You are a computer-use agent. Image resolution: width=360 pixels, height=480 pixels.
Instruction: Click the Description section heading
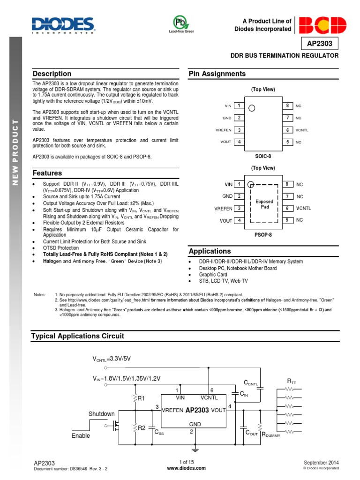[x=52, y=74]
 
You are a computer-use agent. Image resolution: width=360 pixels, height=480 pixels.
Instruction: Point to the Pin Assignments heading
[x=217, y=74]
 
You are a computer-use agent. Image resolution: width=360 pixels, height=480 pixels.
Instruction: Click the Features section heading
[x=47, y=173]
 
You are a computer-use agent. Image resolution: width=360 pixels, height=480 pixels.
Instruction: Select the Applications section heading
[x=210, y=251]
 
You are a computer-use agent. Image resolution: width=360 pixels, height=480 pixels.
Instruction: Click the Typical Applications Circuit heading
[x=77, y=336]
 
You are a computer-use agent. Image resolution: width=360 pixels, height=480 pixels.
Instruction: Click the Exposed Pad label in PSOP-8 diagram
[x=264, y=204]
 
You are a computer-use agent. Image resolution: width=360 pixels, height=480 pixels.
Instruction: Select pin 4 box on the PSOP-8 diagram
[x=239, y=220]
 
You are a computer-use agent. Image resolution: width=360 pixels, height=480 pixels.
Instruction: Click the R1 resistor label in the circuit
[x=142, y=399]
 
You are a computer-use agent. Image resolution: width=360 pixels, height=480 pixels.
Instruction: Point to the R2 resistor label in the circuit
[x=142, y=427]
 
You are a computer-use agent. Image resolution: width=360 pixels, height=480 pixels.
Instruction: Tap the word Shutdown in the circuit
[x=102, y=414]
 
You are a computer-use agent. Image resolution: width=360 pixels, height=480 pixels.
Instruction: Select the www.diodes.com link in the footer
[x=180, y=469]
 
